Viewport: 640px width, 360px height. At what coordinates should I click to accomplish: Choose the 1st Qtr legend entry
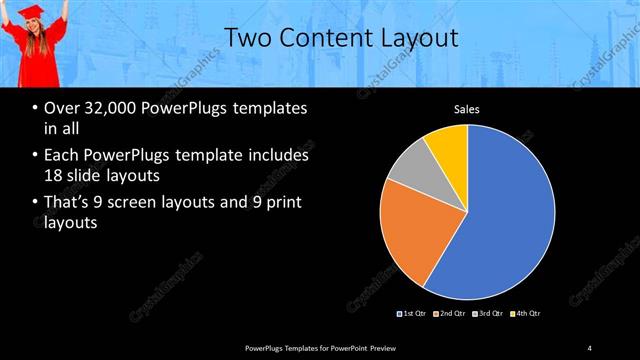pyautogui.click(x=413, y=314)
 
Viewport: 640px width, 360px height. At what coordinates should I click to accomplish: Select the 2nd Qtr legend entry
pyautogui.click(x=451, y=314)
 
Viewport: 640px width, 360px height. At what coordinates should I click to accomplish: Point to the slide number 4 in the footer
pyautogui.click(x=590, y=347)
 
